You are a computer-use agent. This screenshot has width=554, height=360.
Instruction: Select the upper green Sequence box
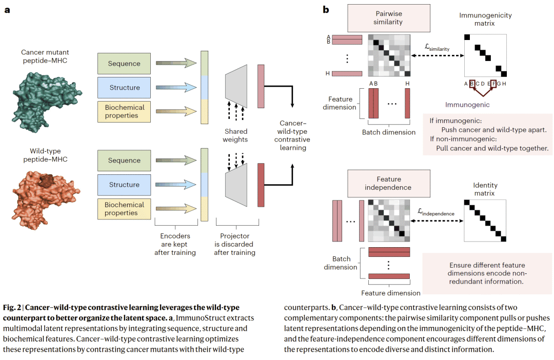(124, 64)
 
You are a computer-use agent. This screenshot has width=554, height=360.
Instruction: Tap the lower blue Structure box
(124, 185)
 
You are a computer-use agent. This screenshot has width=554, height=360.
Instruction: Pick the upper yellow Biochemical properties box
(124, 111)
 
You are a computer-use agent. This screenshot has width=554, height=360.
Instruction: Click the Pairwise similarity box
(388, 18)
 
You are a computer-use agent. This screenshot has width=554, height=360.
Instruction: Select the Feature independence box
(388, 183)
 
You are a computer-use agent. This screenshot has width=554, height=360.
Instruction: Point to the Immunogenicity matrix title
(485, 19)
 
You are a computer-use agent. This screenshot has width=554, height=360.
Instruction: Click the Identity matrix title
(485, 189)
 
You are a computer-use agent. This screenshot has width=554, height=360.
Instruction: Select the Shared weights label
(236, 135)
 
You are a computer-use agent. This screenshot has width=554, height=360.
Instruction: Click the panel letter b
(326, 9)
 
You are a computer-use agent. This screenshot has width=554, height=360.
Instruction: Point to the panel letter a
(7, 9)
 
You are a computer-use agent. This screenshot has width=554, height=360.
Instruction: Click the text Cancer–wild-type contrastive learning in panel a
(292, 135)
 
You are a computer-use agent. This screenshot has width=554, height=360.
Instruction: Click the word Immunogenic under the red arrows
(467, 105)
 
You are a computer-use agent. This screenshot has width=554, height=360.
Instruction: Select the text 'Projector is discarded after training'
(235, 244)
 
